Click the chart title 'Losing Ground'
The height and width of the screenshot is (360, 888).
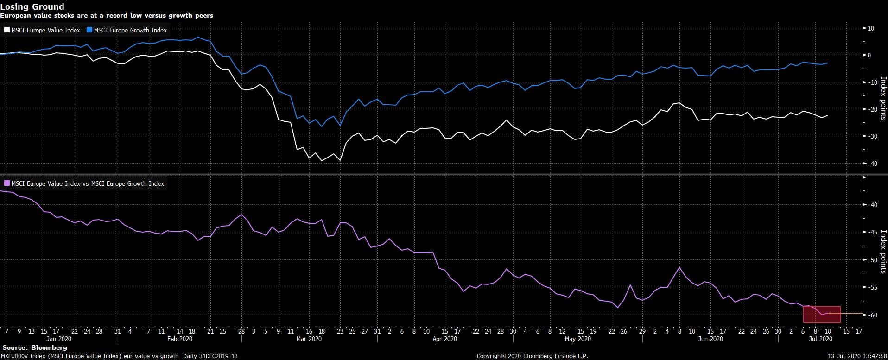pyautogui.click(x=32, y=6)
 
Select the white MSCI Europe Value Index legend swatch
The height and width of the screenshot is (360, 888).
pyautogui.click(x=7, y=30)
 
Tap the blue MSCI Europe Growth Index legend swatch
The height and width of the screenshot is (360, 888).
pyautogui.click(x=89, y=30)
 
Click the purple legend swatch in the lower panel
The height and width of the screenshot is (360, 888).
pyautogui.click(x=7, y=183)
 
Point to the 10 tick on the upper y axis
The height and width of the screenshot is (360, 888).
pyautogui.click(x=870, y=28)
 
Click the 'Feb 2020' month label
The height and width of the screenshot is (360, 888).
pyautogui.click(x=179, y=339)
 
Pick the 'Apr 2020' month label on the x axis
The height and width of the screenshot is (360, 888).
pyautogui.click(x=444, y=339)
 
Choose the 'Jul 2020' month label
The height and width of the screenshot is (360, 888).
pyautogui.click(x=820, y=339)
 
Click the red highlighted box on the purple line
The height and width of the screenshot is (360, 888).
pyautogui.click(x=822, y=314)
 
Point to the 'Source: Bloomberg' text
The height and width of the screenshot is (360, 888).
pyautogui.click(x=35, y=347)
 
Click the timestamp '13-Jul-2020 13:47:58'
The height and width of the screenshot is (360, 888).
pyautogui.click(x=857, y=356)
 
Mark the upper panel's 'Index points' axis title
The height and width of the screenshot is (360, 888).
pyautogui.click(x=883, y=98)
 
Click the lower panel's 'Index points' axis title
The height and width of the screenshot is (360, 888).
pyautogui.click(x=883, y=252)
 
